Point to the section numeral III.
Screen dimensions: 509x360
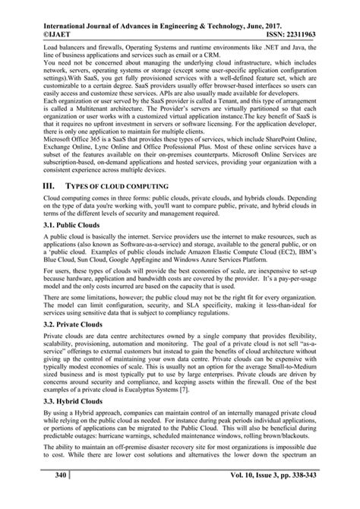[x=31, y=185]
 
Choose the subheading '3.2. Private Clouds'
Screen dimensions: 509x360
[x=58, y=324]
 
